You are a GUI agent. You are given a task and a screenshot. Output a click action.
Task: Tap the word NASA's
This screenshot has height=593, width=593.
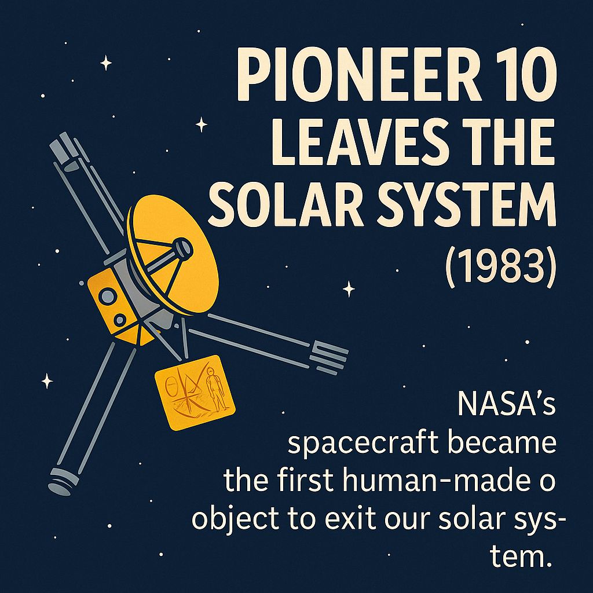pos(506,403)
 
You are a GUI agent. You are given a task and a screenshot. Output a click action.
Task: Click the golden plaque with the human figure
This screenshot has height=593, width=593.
pos(195,392)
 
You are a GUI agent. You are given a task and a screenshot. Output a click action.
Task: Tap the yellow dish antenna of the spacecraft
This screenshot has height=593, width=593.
pos(174,254)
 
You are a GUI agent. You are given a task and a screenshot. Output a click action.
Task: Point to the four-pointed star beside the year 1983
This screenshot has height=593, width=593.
pos(349,290)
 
